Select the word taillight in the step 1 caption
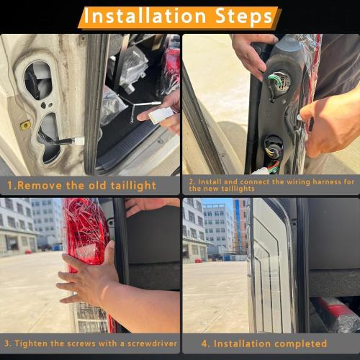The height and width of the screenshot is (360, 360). (131, 185)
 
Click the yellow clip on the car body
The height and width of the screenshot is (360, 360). (25, 125)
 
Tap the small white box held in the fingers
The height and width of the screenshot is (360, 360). (161, 114)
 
